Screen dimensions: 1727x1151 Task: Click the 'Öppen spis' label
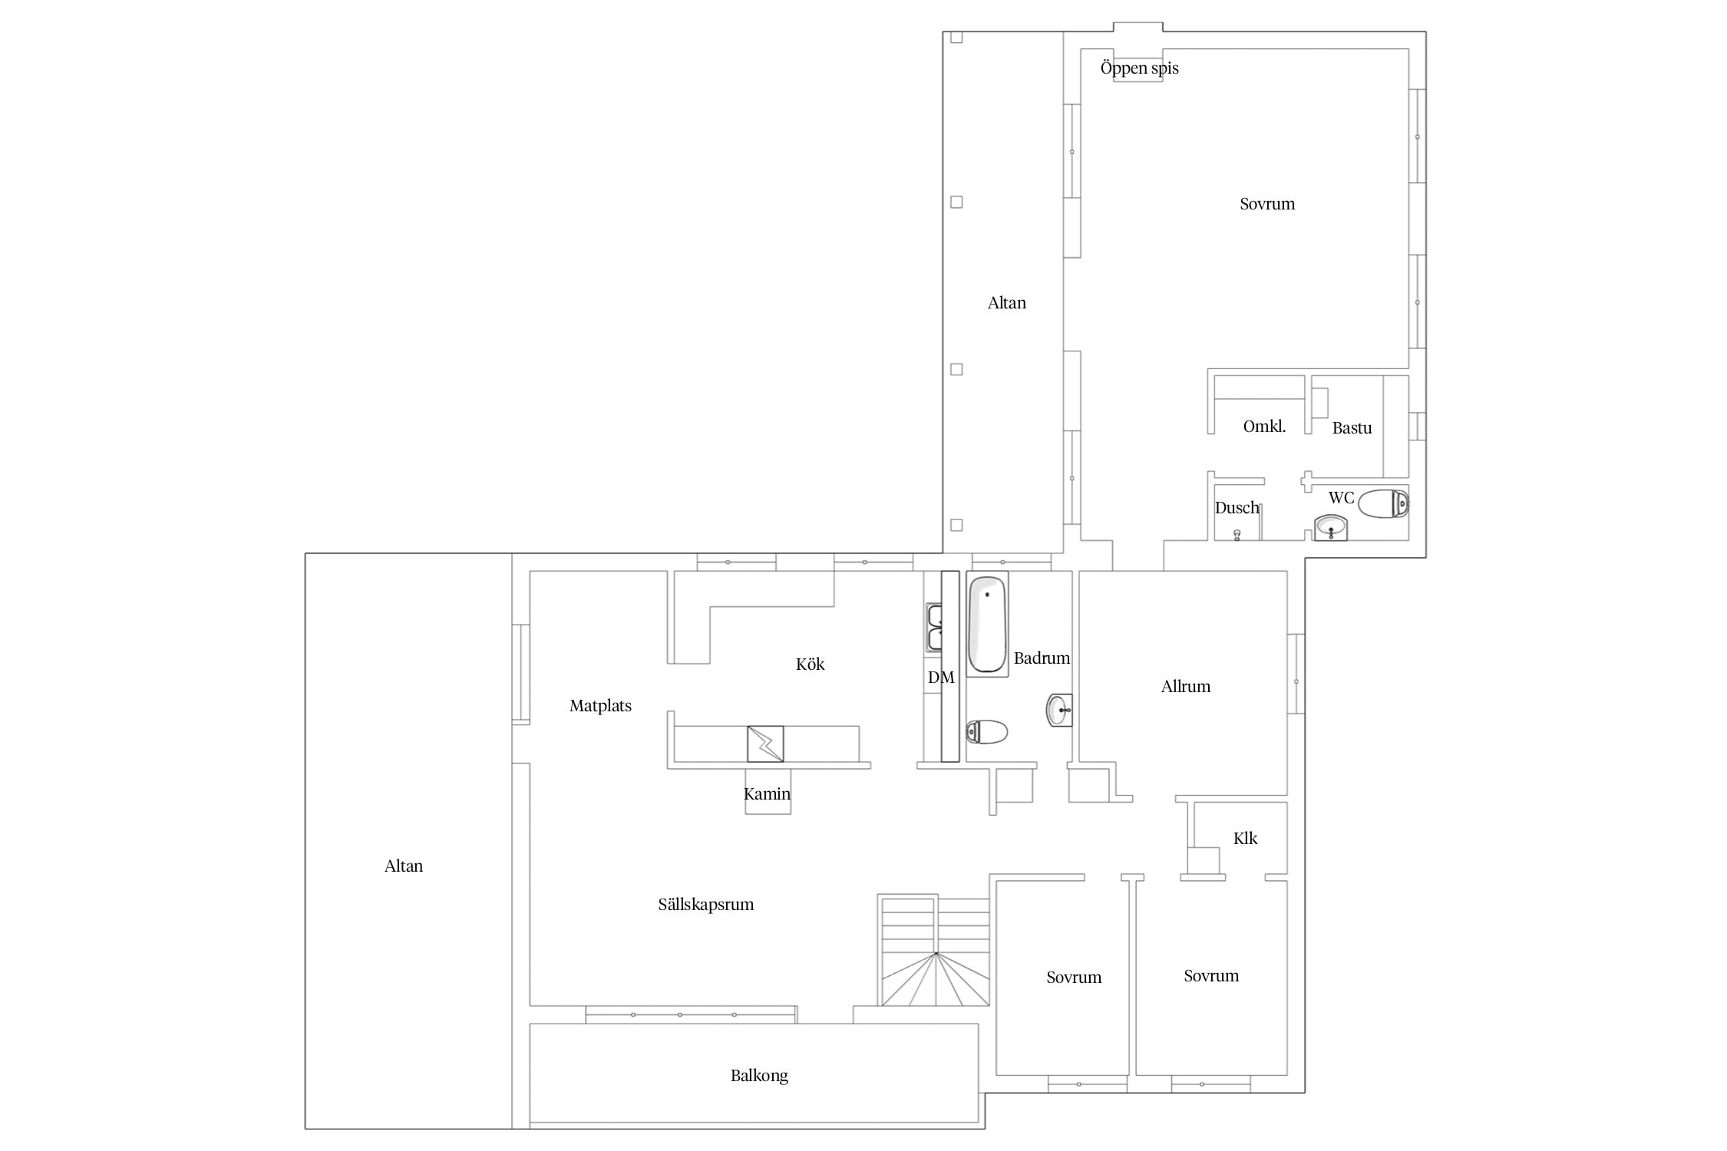pyautogui.click(x=1139, y=68)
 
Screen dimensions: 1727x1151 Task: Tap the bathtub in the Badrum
pyautogui.click(x=987, y=624)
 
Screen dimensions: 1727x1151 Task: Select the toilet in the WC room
pyautogui.click(x=1383, y=504)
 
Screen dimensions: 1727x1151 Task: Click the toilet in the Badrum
pyautogui.click(x=986, y=732)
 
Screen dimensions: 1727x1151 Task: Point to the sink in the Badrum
pyautogui.click(x=1059, y=710)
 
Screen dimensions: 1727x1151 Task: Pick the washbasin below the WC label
pyautogui.click(x=1331, y=528)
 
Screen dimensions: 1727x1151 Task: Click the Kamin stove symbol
pyautogui.click(x=765, y=744)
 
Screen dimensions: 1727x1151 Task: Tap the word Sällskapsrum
pyautogui.click(x=706, y=905)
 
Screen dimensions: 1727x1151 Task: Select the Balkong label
pyautogui.click(x=759, y=1076)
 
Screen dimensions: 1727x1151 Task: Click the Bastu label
pyautogui.click(x=1352, y=428)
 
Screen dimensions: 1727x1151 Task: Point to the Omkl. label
pyautogui.click(x=1264, y=427)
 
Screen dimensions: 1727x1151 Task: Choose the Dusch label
pyautogui.click(x=1237, y=508)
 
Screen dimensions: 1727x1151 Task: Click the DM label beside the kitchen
pyautogui.click(x=941, y=678)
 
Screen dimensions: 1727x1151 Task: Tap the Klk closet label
pyautogui.click(x=1245, y=839)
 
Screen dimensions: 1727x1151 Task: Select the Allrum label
pyautogui.click(x=1186, y=687)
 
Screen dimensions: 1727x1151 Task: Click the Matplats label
pyautogui.click(x=600, y=706)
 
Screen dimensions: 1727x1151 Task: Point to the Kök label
pyautogui.click(x=810, y=665)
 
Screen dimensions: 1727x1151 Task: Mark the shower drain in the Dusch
pyautogui.click(x=1237, y=535)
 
